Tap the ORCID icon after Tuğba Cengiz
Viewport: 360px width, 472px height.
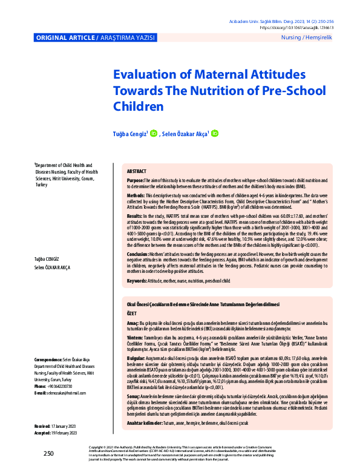coord(153,133)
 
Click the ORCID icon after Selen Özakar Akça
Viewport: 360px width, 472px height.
coord(215,133)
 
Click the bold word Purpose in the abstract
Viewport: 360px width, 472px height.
coord(135,181)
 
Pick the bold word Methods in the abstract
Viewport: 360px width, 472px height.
coord(136,197)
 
